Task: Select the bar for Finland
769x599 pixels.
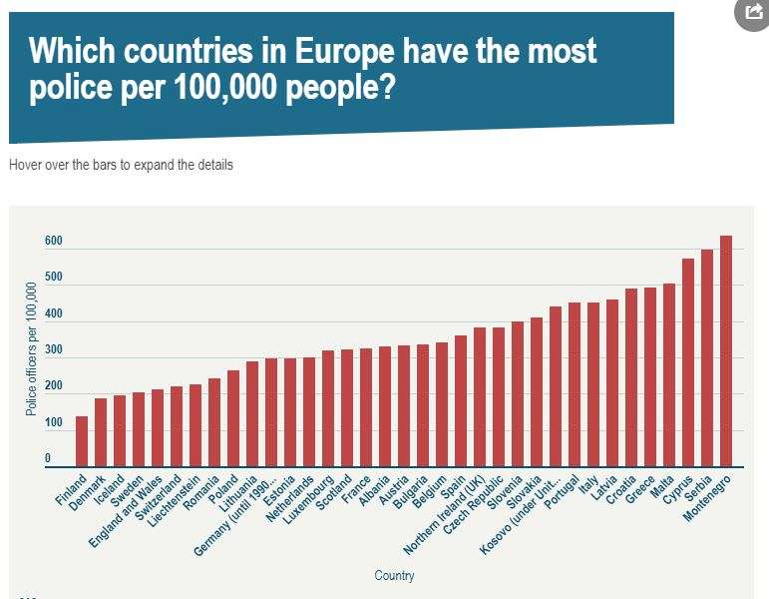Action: pos(82,441)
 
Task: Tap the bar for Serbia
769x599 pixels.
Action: pos(707,358)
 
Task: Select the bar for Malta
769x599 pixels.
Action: pos(669,375)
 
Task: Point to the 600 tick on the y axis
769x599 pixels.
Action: pos(53,242)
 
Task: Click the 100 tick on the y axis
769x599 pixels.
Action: pos(53,423)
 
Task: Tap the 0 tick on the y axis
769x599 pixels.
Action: pos(47,459)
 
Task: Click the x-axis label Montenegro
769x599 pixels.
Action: pos(709,499)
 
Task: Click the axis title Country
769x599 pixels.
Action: pos(394,576)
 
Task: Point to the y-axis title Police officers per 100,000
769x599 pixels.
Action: pos(31,349)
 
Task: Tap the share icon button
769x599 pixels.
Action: pos(750,13)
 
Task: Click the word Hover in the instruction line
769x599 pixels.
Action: pos(27,165)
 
